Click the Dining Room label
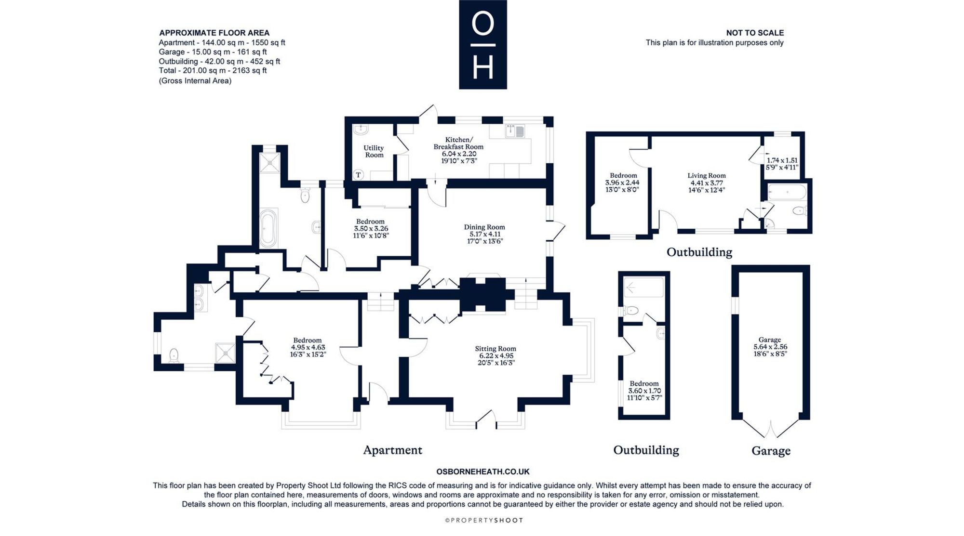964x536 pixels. [484, 234]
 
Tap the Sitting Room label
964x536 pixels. [495, 355]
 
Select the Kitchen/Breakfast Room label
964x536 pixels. [458, 150]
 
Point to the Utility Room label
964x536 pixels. [374, 151]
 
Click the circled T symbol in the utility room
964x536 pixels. [358, 175]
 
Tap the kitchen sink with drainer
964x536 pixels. [515, 131]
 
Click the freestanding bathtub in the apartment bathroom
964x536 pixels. [268, 228]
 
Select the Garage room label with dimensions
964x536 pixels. [770, 347]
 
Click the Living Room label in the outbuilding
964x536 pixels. [707, 183]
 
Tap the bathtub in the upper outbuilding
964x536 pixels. [787, 192]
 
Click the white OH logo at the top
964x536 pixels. [483, 45]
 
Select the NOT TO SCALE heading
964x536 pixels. [755, 33]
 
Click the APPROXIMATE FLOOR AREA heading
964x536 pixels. [214, 33]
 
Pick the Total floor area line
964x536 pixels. [213, 70]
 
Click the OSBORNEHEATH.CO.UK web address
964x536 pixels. [483, 472]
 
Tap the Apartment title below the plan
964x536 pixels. [392, 450]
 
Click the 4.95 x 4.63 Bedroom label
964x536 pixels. [308, 347]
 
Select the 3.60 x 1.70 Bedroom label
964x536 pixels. [644, 391]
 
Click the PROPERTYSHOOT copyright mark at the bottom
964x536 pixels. [483, 520]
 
